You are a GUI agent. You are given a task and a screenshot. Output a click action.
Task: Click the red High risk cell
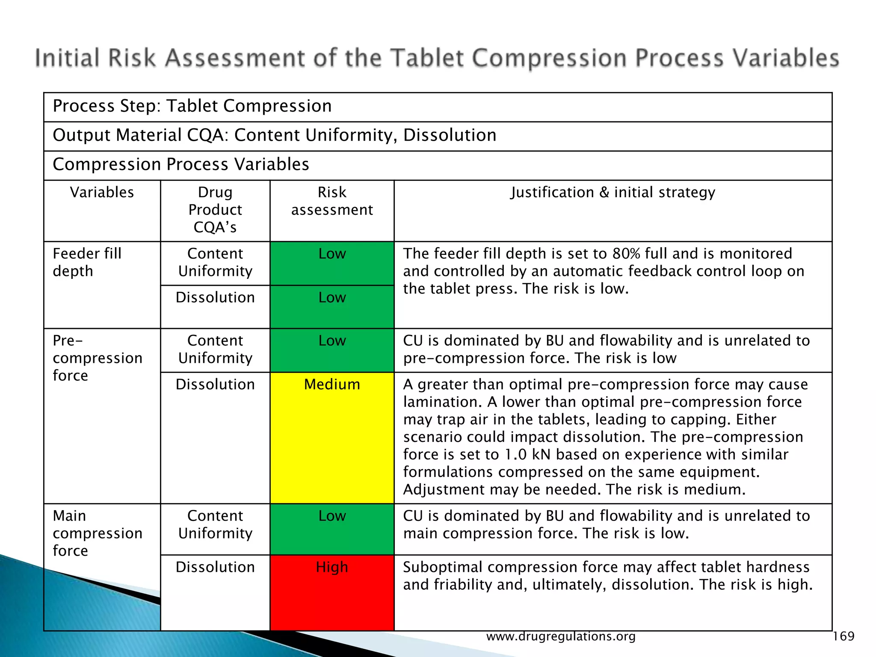pos(332,592)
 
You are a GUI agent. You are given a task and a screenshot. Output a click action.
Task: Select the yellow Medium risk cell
pos(332,438)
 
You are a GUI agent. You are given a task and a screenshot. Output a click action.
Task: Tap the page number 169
pos(843,636)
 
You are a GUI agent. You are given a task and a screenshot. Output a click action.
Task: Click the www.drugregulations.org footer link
pos(561,636)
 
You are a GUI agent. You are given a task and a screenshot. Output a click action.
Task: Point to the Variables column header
pos(102,192)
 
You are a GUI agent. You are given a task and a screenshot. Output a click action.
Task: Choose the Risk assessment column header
pos(332,201)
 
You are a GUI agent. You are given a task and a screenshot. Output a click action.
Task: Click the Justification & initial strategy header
pos(613,192)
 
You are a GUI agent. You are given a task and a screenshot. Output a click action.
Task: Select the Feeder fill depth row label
pos(87,262)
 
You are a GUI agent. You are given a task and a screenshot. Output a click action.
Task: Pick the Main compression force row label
pos(98,533)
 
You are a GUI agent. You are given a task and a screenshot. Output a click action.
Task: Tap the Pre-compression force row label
pos(98,358)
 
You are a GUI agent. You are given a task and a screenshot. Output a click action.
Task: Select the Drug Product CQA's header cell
pos(215,210)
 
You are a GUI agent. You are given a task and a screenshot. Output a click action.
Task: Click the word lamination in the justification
pos(443,402)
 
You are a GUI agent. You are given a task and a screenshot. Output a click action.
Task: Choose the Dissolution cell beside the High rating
pos(215,567)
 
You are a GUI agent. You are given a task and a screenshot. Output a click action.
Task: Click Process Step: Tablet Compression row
pos(192,106)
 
